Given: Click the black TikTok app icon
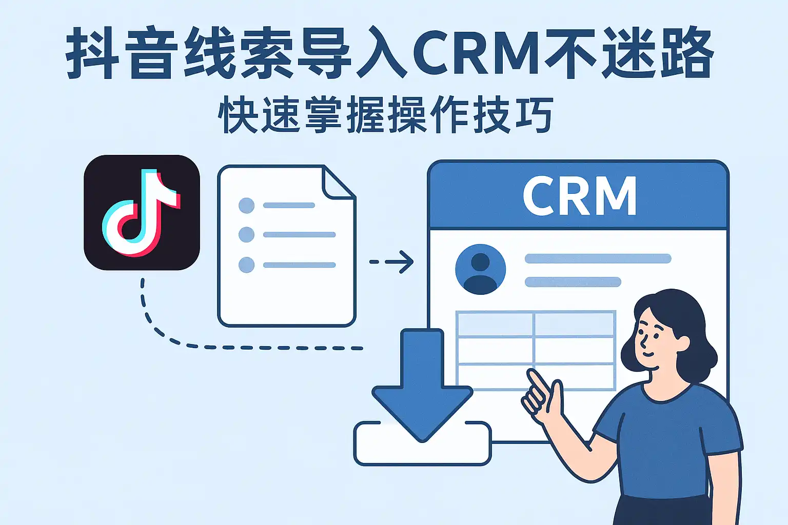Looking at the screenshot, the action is click(142, 213).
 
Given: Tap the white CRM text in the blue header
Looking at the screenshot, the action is click(579, 196).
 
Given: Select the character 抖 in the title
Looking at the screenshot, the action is click(92, 52).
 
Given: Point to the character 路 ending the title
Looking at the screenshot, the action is click(688, 52).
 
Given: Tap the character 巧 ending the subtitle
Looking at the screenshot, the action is click(533, 115).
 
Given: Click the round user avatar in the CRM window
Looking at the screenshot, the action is click(480, 269).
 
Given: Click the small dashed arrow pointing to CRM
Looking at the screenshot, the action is click(391, 262).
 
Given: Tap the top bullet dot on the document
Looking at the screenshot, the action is click(247, 206).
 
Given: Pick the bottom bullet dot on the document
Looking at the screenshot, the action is click(247, 265).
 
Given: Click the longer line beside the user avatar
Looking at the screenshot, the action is click(598, 258).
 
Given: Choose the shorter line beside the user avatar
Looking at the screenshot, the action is click(573, 282).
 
